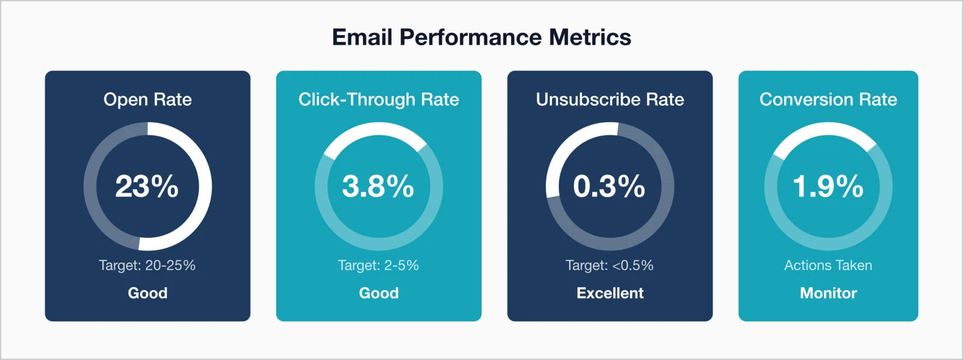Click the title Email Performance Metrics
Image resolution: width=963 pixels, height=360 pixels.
(482, 37)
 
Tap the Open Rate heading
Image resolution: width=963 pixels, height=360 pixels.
(147, 99)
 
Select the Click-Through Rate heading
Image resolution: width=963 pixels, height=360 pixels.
(379, 99)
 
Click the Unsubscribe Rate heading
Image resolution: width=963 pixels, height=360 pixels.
(610, 99)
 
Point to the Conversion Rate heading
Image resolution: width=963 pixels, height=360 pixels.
(828, 99)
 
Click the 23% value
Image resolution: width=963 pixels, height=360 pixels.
(147, 187)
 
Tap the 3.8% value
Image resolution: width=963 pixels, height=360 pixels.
(378, 187)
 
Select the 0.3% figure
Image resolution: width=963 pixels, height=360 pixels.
(609, 187)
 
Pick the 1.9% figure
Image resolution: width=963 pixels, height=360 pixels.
(828, 187)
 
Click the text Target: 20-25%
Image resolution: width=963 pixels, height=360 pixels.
(147, 265)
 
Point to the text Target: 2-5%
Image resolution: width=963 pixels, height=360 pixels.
(379, 265)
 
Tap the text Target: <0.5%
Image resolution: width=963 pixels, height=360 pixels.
(610, 265)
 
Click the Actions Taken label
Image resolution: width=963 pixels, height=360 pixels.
(828, 265)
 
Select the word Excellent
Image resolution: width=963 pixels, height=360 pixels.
(610, 293)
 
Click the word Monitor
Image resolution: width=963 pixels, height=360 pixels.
(828, 293)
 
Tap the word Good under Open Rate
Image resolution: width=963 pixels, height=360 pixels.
(147, 293)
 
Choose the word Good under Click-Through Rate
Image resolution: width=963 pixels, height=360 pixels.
(379, 293)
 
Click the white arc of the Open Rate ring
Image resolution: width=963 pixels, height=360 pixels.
(205, 187)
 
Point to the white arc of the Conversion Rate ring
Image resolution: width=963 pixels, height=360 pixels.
(828, 129)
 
